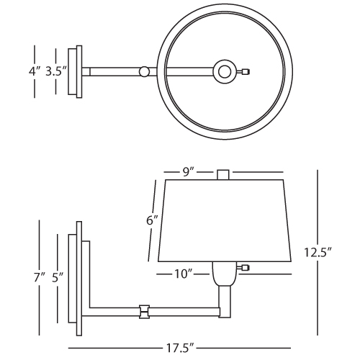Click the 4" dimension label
tap(35, 71)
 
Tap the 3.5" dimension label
tap(56, 71)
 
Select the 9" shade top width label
tap(188, 172)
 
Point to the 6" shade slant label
tap(153, 220)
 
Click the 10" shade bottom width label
tap(184, 274)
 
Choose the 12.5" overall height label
tap(318, 253)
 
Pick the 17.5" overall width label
tap(180, 348)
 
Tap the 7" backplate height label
tap(39, 278)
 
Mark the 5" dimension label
tap(58, 278)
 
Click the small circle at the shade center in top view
tap(225, 72)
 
